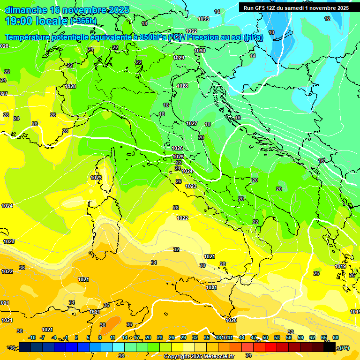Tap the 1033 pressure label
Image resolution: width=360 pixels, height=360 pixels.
[203, 19]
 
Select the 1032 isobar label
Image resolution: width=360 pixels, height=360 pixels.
[191, 31]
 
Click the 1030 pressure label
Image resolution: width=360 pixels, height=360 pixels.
[200, 51]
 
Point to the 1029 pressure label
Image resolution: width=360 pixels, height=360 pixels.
[179, 58]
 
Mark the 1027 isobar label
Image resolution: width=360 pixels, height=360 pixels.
[191, 123]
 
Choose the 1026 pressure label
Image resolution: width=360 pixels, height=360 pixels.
[177, 148]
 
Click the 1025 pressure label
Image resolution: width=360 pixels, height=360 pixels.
[178, 157]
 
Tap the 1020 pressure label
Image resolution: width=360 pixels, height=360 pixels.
[231, 320]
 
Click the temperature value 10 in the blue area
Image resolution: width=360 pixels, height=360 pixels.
[271, 32]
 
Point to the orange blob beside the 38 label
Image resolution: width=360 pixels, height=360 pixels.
[113, 322]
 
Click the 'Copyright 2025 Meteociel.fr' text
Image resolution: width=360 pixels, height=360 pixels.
[198, 356]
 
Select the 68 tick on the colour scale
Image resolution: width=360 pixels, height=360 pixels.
[336, 337]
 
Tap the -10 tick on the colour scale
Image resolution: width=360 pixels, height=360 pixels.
[32, 337]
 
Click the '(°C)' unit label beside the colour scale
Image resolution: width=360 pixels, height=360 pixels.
[345, 348]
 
